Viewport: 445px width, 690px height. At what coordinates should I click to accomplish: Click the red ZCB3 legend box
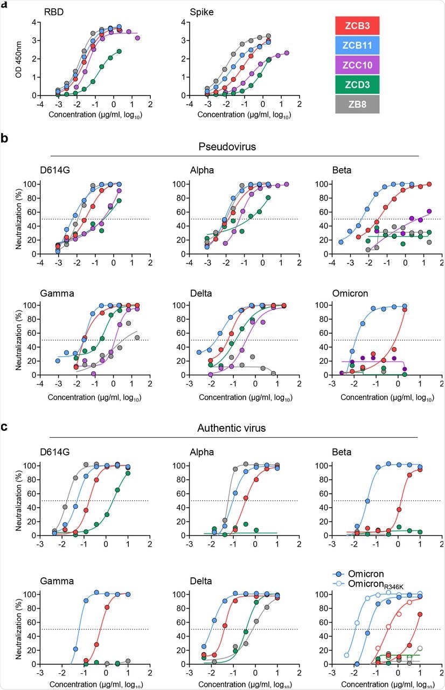358,25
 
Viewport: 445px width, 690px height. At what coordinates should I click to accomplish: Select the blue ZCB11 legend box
358,45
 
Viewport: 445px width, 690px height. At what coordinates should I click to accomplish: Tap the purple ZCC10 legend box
358,65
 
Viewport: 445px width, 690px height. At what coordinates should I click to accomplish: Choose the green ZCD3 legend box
358,85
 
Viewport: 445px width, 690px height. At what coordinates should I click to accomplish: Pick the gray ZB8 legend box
358,104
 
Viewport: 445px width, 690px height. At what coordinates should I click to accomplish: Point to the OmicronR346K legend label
380,584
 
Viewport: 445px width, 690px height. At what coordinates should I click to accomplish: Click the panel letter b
4,138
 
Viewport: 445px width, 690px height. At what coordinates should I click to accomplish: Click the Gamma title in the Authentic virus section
53,581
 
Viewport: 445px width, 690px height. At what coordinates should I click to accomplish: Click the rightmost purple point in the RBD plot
137,38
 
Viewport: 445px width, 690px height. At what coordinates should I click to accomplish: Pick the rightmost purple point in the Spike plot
287,53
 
